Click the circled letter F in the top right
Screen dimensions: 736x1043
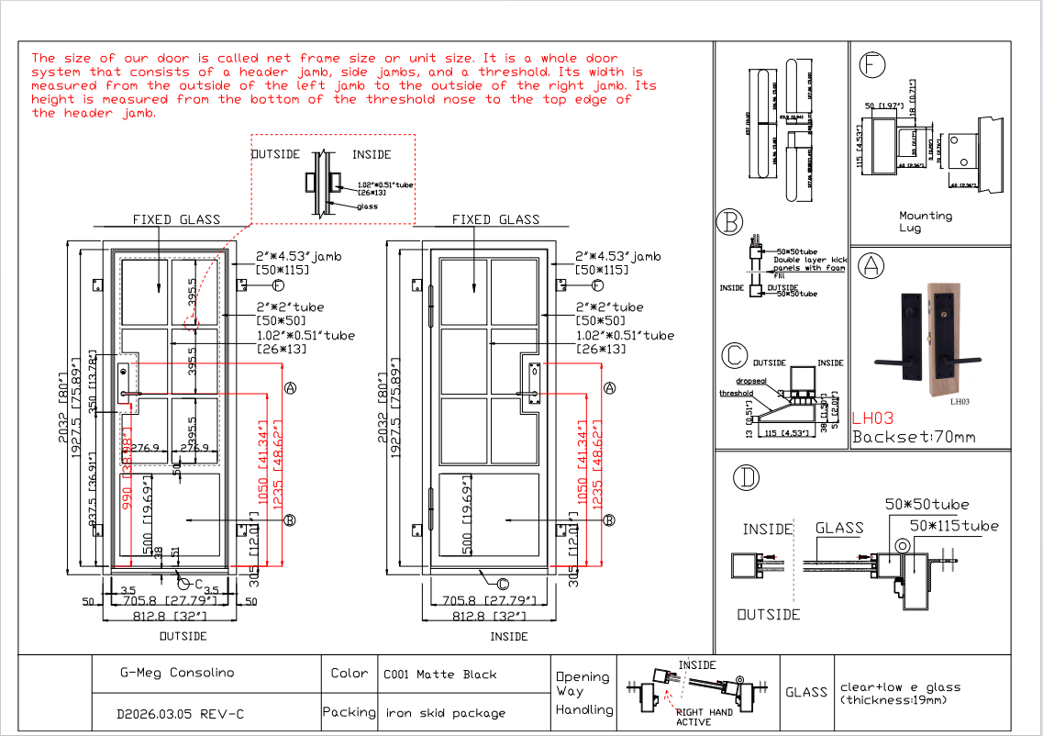[871, 65]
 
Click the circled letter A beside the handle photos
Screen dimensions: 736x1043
[870, 266]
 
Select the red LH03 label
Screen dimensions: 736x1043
[872, 418]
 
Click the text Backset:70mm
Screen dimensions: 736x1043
[914, 437]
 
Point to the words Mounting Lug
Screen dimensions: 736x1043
[926, 221]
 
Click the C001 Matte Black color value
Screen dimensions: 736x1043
[439, 675]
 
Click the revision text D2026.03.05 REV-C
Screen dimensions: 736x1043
[181, 713]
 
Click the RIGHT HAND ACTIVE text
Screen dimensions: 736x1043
[703, 717]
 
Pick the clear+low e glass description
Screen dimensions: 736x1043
[900, 693]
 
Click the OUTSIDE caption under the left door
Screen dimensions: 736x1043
[183, 636]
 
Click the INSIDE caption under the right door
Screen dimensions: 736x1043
[508, 636]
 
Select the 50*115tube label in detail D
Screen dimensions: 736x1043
[953, 526]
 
